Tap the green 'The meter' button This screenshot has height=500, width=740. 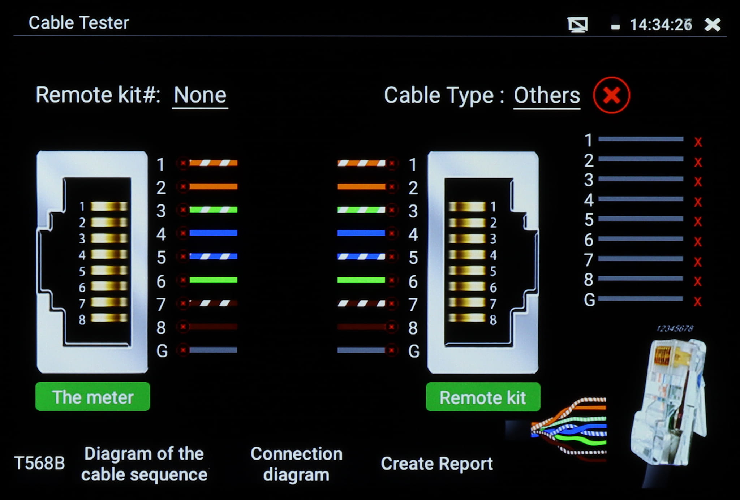click(x=93, y=396)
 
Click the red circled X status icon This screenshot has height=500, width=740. click(x=611, y=95)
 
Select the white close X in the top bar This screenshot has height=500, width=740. click(x=712, y=25)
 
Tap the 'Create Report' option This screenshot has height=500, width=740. click(x=436, y=464)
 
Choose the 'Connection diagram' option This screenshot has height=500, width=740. click(x=296, y=464)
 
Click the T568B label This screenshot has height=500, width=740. click(x=39, y=463)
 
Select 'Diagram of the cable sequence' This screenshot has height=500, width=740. click(x=144, y=464)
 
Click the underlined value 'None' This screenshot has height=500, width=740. click(x=200, y=95)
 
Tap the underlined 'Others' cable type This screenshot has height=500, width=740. click(x=547, y=95)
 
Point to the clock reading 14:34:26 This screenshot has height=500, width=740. click(x=661, y=25)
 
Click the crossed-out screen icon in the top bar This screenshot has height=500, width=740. click(x=577, y=25)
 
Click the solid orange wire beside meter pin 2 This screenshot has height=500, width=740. click(x=213, y=186)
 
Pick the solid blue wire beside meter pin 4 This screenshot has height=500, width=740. click(x=213, y=233)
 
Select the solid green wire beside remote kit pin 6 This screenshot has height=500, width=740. click(x=361, y=280)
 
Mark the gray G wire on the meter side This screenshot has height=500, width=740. click(x=213, y=350)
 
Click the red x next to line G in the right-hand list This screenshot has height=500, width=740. click(x=698, y=301)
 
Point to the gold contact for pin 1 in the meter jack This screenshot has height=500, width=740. click(x=109, y=206)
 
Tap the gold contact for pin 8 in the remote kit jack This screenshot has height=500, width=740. click(x=467, y=318)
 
